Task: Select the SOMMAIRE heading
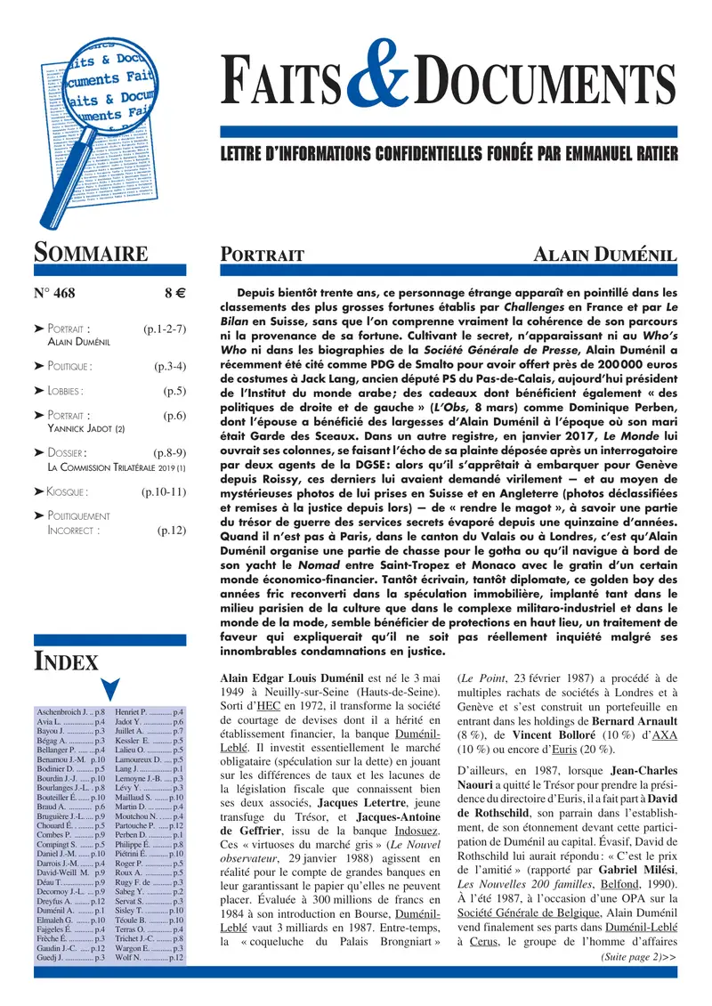(91, 252)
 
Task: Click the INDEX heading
(66, 661)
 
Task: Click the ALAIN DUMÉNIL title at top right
(604, 256)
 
